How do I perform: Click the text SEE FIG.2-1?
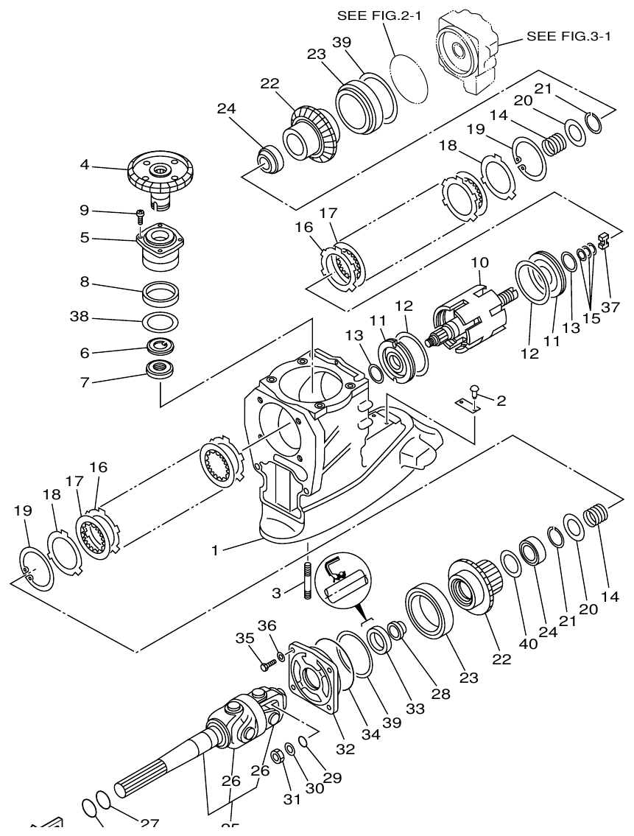(378, 15)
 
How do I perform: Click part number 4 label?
(85, 166)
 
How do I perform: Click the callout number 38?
(79, 317)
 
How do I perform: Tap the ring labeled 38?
(159, 322)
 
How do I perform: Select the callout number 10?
(479, 263)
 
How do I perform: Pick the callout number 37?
(610, 307)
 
